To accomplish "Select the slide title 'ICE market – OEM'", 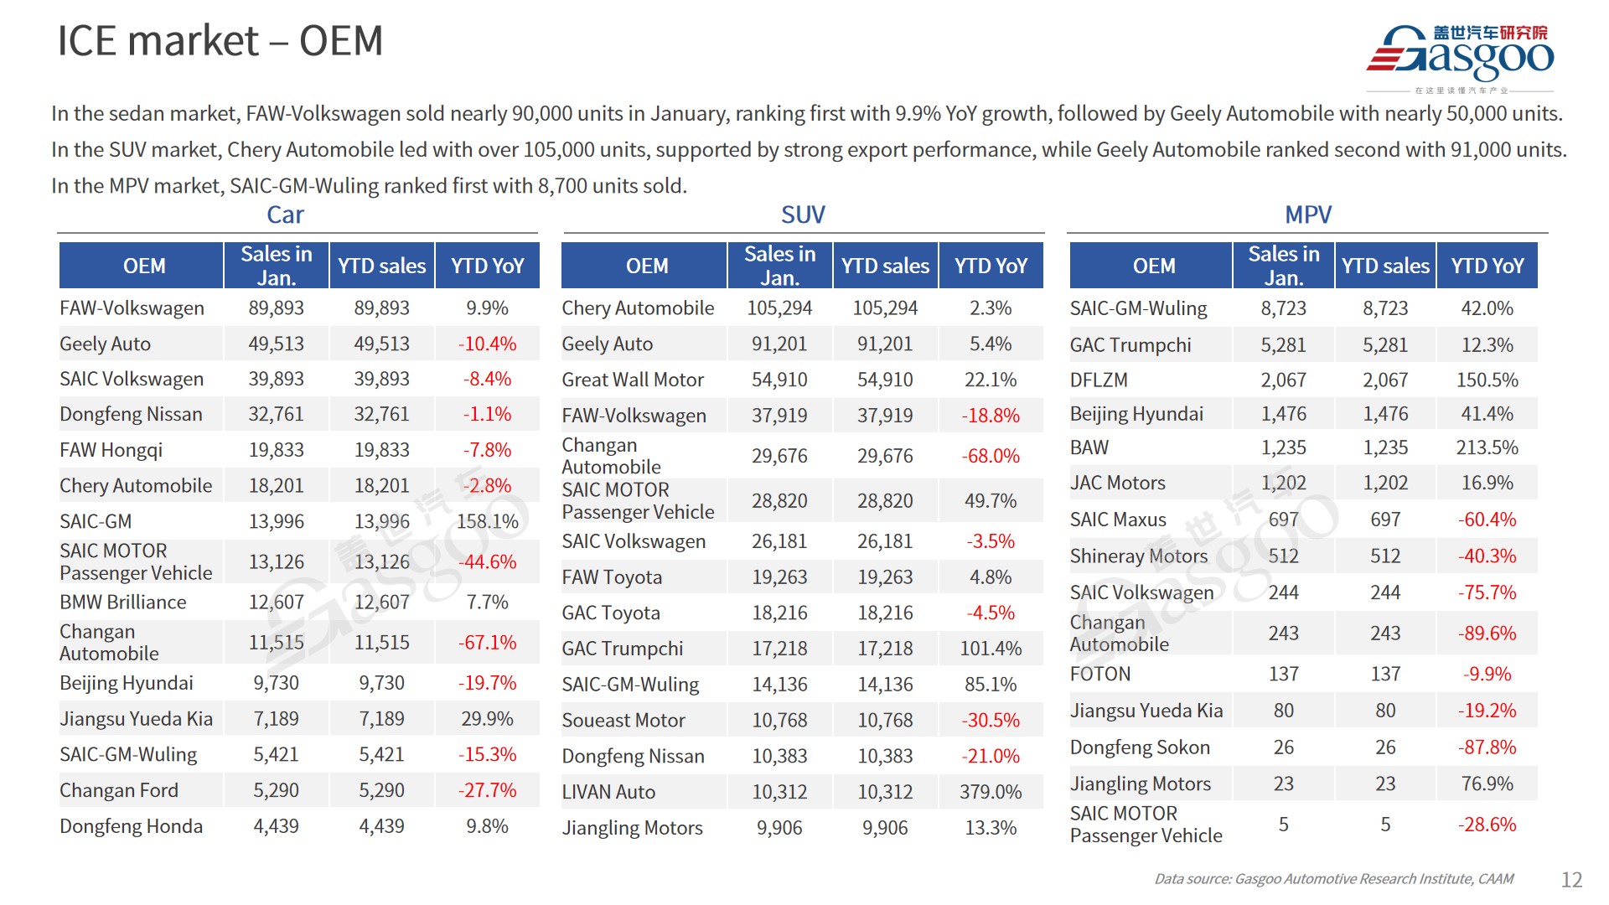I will pos(220,40).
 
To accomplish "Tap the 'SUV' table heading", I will pos(803,215).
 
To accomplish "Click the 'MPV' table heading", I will pos(1307,215).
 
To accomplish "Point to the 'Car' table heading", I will pos(285,215).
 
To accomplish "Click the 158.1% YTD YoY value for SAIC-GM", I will pos(487,521).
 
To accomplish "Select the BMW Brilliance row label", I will pos(123,602).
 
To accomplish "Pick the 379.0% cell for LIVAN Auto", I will pos(991,792).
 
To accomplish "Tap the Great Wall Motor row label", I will pos(633,380).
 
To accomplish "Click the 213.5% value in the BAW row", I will pos(1487,447).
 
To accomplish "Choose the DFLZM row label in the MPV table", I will pos(1099,380).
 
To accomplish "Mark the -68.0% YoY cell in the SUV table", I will pos(991,456).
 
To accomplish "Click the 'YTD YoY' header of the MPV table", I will pos(1487,266).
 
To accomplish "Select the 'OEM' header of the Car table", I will pos(144,266).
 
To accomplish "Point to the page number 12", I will pos(1571,879).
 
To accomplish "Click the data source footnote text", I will pos(1333,879).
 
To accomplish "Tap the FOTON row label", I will pos(1100,674).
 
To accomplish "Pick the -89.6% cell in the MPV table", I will pos(1487,633).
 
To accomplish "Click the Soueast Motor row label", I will pos(623,720).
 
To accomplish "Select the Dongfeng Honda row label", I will pos(131,826).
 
